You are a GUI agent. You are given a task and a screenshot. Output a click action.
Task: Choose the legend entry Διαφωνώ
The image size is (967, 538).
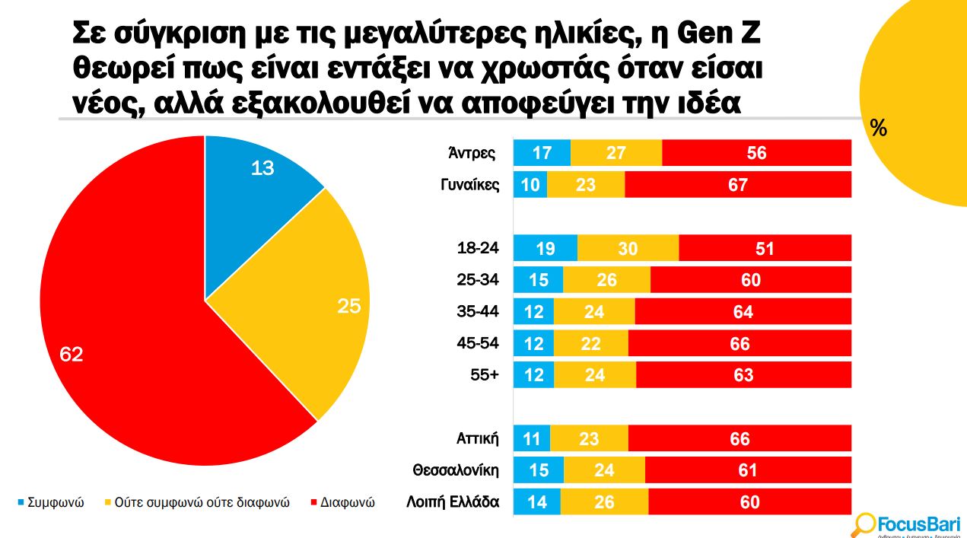[343, 503]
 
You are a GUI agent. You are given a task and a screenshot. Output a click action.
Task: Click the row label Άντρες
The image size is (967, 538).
[472, 153]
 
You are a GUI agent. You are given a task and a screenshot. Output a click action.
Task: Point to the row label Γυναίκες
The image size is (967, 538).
[470, 184]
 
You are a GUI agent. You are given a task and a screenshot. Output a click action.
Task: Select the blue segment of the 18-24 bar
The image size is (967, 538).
[545, 249]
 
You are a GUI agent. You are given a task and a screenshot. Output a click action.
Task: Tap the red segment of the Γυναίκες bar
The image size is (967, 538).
[737, 185]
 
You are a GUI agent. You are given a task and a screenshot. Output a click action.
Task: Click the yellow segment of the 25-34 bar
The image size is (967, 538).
[606, 280]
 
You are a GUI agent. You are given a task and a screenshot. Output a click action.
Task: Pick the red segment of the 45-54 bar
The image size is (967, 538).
[739, 344]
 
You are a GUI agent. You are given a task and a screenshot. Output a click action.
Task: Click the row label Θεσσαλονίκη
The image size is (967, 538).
[456, 470]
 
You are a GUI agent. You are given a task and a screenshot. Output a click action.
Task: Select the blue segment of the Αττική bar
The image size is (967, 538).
[532, 439]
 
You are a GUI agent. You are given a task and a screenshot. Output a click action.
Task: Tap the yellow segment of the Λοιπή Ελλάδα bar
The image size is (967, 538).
[604, 502]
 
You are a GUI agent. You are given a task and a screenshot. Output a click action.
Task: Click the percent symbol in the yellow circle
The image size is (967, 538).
[879, 129]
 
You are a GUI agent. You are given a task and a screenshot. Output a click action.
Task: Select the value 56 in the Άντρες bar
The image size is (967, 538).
[756, 153]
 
